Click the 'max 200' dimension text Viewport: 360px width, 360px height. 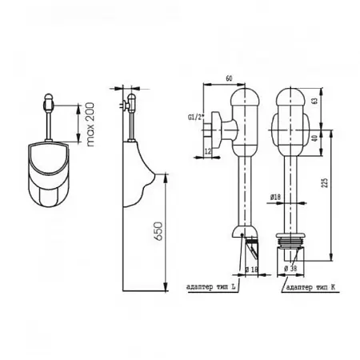coord(90,124)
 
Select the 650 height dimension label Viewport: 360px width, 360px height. coord(158,231)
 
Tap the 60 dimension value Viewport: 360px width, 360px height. coord(229,78)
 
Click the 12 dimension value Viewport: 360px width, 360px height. coord(208,151)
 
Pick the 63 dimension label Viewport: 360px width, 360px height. coord(315,101)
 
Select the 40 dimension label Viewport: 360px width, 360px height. coord(315,138)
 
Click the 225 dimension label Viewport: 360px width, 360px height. coord(325,182)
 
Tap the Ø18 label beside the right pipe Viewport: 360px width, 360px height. coord(275,198)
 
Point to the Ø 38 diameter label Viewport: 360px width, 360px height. coord(290,269)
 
